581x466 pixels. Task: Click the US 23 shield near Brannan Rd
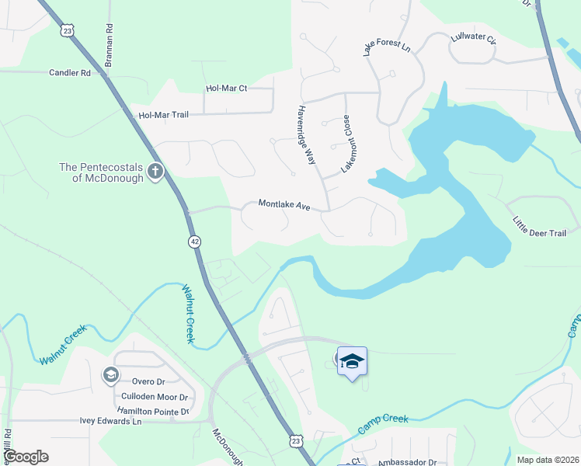[x=69, y=30]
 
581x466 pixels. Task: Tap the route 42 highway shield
[x=194, y=242]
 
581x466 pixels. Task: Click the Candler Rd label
[x=70, y=73]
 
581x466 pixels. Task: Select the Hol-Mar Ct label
[x=226, y=89]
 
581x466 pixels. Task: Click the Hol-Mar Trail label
[x=163, y=115]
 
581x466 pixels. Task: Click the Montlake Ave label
[x=284, y=207]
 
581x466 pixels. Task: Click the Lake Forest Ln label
[x=386, y=37]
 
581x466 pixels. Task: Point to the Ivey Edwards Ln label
[x=111, y=422]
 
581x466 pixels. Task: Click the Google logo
[x=26, y=457]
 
